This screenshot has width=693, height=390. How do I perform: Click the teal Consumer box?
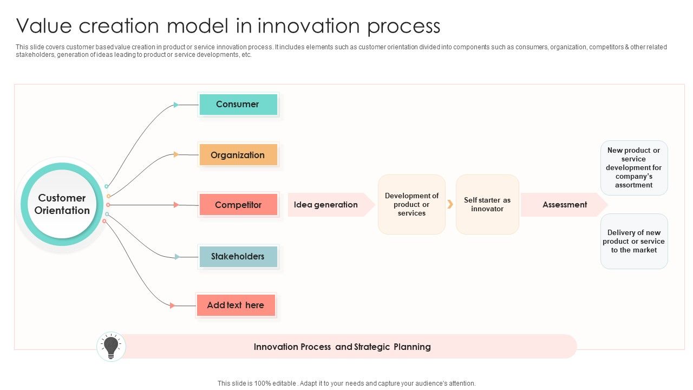238,105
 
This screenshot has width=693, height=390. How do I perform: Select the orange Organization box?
238,155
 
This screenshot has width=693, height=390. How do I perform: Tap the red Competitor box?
238,205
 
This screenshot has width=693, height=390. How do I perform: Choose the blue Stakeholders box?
238,257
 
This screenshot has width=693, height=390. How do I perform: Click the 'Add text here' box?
236,305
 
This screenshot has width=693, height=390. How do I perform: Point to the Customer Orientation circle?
62,204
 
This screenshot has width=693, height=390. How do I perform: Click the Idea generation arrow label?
326,205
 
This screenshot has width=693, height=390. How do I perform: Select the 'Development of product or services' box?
411,205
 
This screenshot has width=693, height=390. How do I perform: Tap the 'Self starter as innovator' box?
487,205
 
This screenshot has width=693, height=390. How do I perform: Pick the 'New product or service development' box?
634,168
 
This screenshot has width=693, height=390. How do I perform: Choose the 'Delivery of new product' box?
634,242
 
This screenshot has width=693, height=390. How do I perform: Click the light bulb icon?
111,347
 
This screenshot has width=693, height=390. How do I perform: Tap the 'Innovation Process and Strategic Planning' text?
342,347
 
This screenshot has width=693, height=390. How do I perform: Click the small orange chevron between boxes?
450,204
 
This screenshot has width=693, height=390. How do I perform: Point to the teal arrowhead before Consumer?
176,105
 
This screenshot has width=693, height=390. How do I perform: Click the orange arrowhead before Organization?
176,154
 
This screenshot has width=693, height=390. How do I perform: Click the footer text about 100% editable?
346,383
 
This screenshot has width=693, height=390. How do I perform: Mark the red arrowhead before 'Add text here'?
173,305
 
